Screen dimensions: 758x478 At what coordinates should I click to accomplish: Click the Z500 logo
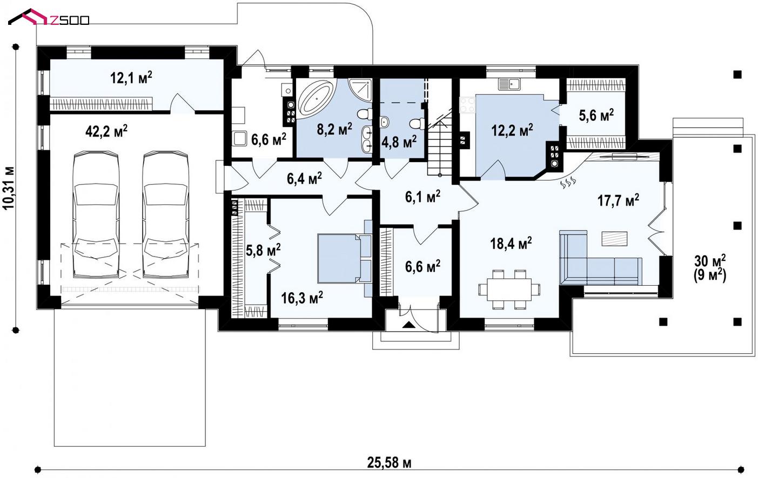click(x=49, y=18)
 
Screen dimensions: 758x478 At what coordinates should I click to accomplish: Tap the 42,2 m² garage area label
click(x=106, y=131)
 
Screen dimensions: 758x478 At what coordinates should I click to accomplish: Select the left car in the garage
click(x=96, y=215)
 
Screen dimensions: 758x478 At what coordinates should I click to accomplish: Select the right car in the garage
click(x=165, y=215)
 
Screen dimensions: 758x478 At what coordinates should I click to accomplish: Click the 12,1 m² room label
click(x=131, y=78)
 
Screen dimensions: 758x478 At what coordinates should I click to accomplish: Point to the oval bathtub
click(x=317, y=98)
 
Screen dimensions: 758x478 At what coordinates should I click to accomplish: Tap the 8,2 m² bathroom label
click(x=334, y=129)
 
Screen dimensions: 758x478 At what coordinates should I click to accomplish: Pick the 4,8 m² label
click(x=399, y=142)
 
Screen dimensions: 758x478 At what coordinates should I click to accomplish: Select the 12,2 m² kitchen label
click(x=512, y=130)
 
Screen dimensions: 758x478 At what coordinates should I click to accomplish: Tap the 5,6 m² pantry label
click(x=596, y=116)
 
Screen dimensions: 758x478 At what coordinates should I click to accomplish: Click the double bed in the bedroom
click(x=344, y=259)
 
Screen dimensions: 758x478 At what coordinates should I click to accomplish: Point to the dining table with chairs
click(x=509, y=290)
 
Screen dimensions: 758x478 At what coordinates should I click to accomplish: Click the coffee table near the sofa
click(x=614, y=239)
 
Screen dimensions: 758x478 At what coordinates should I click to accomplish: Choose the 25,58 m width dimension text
click(x=389, y=462)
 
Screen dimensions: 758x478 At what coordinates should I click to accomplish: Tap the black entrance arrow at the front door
click(x=409, y=325)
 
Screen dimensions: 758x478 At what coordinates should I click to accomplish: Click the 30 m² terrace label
click(x=710, y=261)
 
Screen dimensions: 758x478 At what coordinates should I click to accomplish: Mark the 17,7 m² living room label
click(x=618, y=200)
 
